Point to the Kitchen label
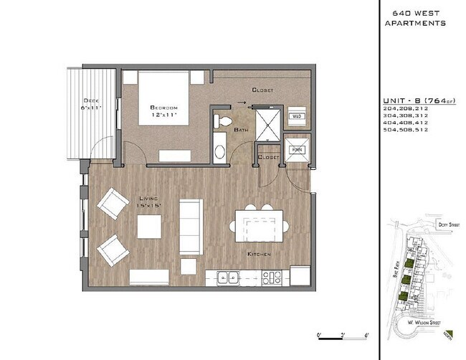coord(259,254)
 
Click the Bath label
coord(242,130)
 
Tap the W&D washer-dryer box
coord(297,115)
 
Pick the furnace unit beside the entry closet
coord(296,149)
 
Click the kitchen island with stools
coord(260,225)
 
